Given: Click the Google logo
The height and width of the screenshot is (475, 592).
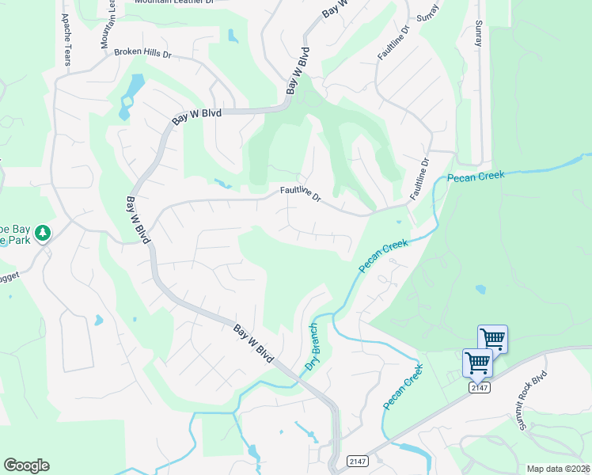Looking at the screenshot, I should coord(26,465).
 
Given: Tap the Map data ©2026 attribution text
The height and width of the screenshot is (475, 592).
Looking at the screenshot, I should coord(559,469).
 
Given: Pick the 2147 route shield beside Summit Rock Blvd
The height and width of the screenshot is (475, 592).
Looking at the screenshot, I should coord(480,386).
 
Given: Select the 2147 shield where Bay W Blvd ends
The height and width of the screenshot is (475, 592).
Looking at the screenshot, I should coord(356,461).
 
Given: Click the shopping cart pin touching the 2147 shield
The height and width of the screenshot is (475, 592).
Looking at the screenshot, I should coord(477,363).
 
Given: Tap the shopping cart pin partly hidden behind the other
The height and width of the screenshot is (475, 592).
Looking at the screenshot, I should coord(494,338).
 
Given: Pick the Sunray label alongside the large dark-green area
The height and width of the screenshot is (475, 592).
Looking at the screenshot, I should coord(478,33).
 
